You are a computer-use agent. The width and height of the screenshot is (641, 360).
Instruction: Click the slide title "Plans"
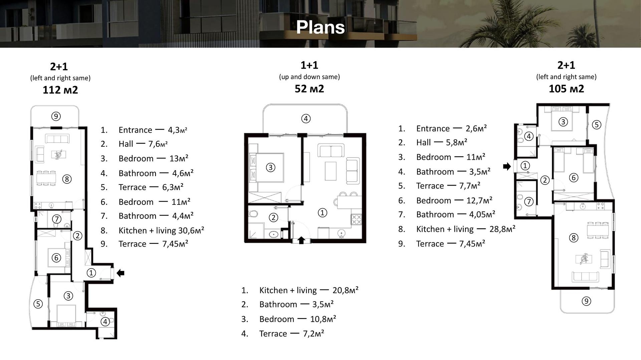point(320,27)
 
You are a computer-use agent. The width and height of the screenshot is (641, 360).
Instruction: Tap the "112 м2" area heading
point(60,90)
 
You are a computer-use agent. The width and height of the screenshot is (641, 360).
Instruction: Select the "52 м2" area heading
point(309,88)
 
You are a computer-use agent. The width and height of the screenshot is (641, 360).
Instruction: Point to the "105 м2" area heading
point(566,88)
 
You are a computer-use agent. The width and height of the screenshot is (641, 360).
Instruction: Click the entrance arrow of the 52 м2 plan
point(301,240)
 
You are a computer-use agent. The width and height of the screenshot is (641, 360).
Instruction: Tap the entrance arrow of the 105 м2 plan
point(507,166)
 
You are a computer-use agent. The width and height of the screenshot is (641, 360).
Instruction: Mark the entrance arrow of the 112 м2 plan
point(121,273)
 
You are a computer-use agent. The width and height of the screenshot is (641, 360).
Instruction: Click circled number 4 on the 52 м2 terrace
point(306,118)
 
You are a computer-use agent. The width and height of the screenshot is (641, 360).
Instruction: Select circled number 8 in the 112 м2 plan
point(67,179)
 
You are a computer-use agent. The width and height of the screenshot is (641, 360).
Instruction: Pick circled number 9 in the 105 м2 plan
point(586,301)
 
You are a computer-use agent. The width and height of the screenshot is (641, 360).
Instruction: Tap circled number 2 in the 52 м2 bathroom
point(273,218)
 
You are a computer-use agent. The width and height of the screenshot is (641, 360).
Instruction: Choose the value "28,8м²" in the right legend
point(502,229)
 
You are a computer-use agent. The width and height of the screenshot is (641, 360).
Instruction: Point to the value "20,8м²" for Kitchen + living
point(346,290)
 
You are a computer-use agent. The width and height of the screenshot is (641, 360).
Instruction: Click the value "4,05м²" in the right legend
point(482,214)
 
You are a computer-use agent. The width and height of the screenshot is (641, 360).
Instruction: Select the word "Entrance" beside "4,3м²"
point(135,130)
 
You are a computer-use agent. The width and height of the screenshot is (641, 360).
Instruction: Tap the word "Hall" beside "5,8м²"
point(423,142)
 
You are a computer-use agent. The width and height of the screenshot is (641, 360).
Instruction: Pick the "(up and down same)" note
point(309,77)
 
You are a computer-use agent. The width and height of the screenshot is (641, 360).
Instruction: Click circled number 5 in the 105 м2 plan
point(597,125)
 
